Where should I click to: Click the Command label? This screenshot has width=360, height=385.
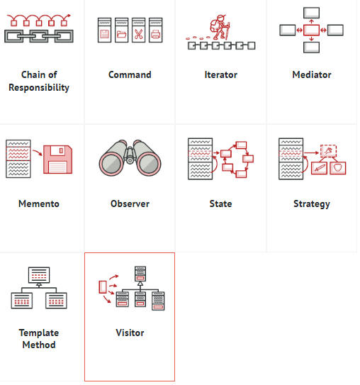click(x=130, y=74)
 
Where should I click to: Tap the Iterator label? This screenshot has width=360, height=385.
click(x=221, y=74)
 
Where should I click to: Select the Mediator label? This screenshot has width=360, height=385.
click(x=312, y=74)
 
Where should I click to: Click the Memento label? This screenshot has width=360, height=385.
click(x=39, y=203)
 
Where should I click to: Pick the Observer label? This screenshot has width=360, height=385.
click(x=130, y=203)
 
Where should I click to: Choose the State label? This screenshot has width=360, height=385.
click(x=220, y=203)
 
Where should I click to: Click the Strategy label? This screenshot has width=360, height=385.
click(x=312, y=204)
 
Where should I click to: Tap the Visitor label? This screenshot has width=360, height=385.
click(x=130, y=333)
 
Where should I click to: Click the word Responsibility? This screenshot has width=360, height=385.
click(x=39, y=88)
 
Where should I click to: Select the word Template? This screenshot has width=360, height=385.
click(x=39, y=333)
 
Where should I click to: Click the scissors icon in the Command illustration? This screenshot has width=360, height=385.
click(x=138, y=34)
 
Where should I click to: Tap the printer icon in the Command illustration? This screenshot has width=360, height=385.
click(x=156, y=34)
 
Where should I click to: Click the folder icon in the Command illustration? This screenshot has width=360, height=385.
click(x=121, y=34)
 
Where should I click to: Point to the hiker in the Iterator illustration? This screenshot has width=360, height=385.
click(x=220, y=27)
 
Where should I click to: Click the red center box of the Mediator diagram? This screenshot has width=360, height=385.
click(x=311, y=30)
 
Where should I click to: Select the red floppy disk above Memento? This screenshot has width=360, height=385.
click(x=58, y=160)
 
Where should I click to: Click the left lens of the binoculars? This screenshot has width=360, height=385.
click(x=112, y=164)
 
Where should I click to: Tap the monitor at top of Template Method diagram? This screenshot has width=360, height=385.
click(x=39, y=275)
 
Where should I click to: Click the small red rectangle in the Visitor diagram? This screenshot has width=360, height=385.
click(x=103, y=287)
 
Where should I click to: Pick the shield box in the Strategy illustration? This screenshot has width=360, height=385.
click(x=337, y=168)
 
